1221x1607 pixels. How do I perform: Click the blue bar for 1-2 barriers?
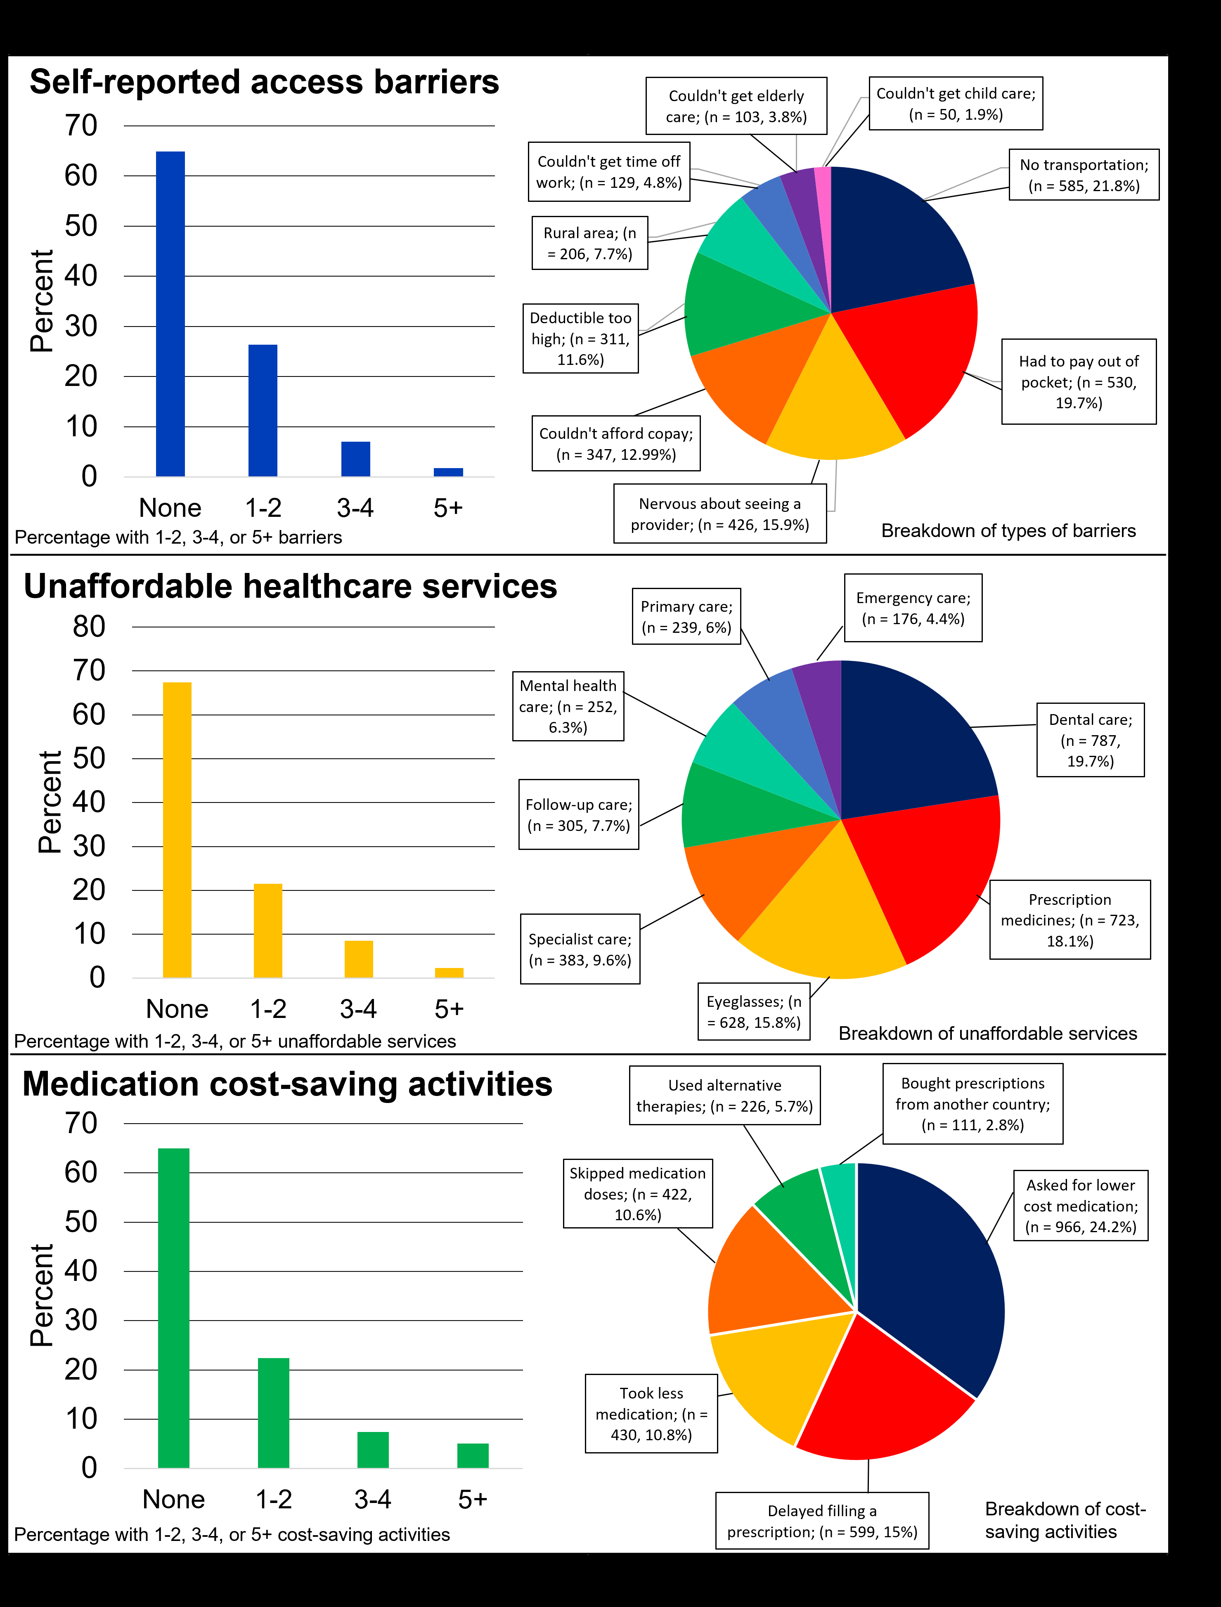point(263,411)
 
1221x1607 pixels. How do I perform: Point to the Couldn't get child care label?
point(955,104)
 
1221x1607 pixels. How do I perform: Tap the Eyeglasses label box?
point(754,1012)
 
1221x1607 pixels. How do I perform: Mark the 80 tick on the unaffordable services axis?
point(89,627)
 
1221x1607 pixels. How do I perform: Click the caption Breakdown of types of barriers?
point(1008,530)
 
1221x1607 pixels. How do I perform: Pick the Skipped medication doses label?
point(637,1193)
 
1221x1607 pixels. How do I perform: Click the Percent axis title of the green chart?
point(42,1295)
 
